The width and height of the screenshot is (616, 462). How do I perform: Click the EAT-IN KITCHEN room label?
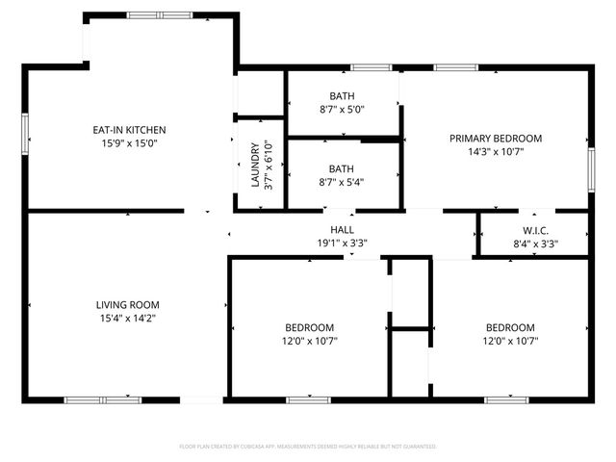pos(129,129)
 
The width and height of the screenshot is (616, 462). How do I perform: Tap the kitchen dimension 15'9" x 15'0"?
pos(129,142)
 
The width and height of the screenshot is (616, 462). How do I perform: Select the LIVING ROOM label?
pos(128,304)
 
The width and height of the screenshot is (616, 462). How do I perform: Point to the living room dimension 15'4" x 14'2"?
pos(128,318)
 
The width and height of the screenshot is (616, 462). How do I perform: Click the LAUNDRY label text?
pos(255,165)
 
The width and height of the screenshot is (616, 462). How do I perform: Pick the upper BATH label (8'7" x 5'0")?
pos(342,95)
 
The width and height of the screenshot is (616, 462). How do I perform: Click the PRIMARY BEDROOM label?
pos(496,138)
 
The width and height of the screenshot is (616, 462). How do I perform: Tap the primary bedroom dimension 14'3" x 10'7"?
pos(496,151)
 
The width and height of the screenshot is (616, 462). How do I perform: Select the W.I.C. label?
pos(535,230)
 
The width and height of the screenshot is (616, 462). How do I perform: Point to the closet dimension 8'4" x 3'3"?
pos(535,244)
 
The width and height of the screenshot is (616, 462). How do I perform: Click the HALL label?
pos(342,230)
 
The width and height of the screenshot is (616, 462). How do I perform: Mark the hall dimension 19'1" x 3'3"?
pos(342,244)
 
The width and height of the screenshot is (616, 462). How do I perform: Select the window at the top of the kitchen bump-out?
pos(160,15)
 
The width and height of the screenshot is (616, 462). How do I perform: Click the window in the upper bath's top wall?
pos(371,67)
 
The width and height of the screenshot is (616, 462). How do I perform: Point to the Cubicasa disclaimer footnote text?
pos(308,447)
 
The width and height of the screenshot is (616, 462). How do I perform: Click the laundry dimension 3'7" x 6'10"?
pos(269,165)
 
